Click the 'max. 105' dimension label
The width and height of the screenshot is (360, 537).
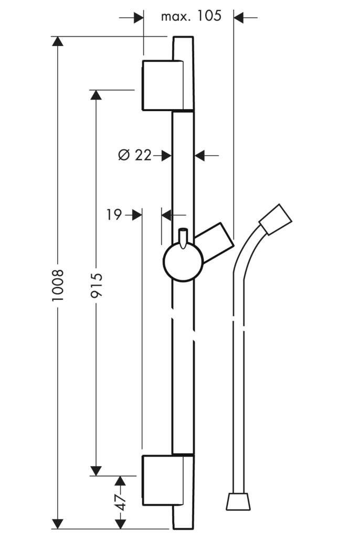pyautogui.click(x=192, y=16)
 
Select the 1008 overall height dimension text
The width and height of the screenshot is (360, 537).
pyautogui.click(x=58, y=285)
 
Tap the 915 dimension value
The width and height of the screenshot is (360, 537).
pyautogui.click(x=96, y=285)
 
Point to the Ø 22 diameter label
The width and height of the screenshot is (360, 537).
pyautogui.click(x=134, y=155)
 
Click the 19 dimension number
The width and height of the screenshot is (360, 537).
pyautogui.click(x=114, y=214)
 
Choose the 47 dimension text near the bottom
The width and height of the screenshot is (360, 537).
pyautogui.click(x=120, y=502)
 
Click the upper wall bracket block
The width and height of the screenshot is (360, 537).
pyautogui.click(x=163, y=85)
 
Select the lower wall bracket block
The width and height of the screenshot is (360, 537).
pyautogui.click(x=163, y=480)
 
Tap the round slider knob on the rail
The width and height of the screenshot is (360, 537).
pyautogui.click(x=183, y=262)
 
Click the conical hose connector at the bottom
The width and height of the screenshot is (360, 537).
pyautogui.click(x=238, y=501)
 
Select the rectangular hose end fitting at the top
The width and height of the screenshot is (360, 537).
pyautogui.click(x=276, y=220)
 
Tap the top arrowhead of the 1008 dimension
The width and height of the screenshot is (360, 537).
pyautogui.click(x=58, y=41)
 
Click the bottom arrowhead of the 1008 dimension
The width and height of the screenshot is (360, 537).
pyautogui.click(x=58, y=524)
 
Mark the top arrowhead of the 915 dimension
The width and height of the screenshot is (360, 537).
pyautogui.click(x=96, y=95)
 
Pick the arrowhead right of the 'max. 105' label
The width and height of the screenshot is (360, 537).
pyautogui.click(x=239, y=17)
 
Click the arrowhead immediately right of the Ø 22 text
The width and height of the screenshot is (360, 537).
pyautogui.click(x=166, y=155)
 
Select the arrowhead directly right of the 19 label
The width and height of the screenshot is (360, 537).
pyautogui.click(x=137, y=215)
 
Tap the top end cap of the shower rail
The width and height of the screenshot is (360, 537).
pyautogui.click(x=183, y=48)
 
